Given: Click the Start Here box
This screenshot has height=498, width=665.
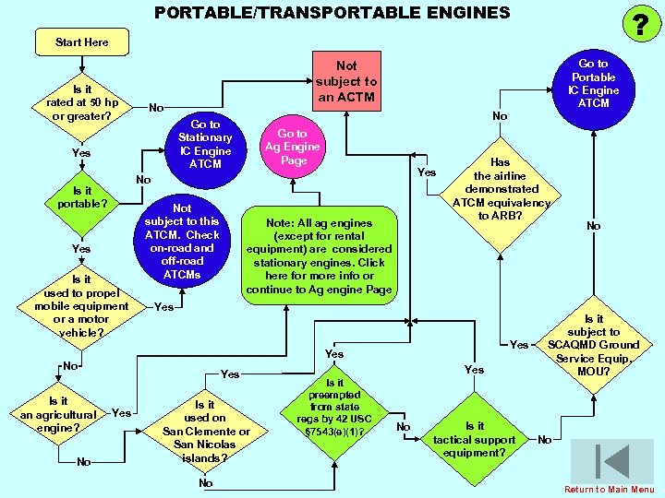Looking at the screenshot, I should click(x=82, y=42).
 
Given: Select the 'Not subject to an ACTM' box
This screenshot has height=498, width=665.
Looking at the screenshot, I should click(x=346, y=80).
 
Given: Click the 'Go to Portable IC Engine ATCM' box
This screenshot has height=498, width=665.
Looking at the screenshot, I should click(x=593, y=84).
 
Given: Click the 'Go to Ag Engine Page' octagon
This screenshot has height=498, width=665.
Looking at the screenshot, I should click(x=292, y=147).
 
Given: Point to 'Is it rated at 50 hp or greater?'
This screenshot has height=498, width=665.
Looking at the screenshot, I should click(x=82, y=103).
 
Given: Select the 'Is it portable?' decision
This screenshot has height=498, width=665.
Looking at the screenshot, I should click(x=82, y=197).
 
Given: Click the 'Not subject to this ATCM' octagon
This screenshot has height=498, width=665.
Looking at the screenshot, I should click(x=182, y=242).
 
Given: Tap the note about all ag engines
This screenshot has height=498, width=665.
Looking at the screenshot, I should click(x=319, y=256).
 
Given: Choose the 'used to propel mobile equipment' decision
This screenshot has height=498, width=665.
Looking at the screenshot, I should click(x=81, y=306).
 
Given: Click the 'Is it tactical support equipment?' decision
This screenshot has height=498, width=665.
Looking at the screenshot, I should click(x=475, y=439).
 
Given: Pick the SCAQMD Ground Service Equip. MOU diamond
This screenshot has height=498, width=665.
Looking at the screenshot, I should click(x=594, y=345).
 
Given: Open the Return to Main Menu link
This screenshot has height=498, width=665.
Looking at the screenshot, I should click(x=610, y=489).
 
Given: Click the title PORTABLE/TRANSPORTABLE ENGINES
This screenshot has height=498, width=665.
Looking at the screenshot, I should click(x=332, y=12).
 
